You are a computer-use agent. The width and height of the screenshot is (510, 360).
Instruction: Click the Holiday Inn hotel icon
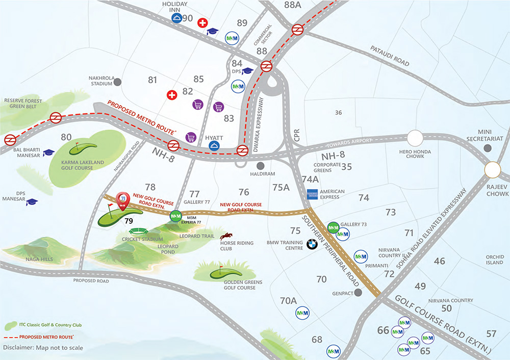[x=176, y=18]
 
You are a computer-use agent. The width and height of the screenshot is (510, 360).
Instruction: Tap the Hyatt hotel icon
[x=215, y=146]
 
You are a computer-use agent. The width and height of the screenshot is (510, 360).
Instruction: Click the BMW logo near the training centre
[x=312, y=245]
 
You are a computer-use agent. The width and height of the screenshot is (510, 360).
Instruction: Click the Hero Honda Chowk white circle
[x=415, y=138]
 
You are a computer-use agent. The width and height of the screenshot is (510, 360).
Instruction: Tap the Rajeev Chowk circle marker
[x=494, y=170]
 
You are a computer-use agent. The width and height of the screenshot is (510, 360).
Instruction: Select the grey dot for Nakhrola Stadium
[x=118, y=82]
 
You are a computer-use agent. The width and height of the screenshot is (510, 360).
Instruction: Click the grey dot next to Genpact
[x=358, y=292]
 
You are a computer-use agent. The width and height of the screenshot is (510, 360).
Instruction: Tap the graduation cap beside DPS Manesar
[x=32, y=202]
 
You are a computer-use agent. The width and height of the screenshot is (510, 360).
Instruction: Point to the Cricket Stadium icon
[x=137, y=230]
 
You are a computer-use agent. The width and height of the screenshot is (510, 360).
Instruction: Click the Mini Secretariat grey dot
[x=488, y=148]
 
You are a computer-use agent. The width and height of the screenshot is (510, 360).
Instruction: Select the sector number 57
[x=491, y=334]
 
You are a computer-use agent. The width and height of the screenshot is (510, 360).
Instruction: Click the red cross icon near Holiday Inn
[x=202, y=22]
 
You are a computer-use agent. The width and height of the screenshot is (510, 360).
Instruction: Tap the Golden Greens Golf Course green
[x=226, y=273]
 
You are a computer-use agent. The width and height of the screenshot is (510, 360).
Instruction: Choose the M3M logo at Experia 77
[x=175, y=216]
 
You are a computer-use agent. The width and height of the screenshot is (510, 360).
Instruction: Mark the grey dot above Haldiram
[x=261, y=166]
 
